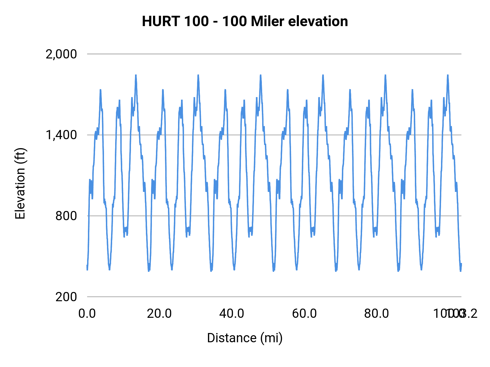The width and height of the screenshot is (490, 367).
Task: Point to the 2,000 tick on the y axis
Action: coord(61,54)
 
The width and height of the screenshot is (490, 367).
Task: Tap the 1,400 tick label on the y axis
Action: coord(61,135)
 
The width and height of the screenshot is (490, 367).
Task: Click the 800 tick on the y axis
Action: coord(66,216)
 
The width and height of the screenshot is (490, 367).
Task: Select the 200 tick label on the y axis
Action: coord(66,297)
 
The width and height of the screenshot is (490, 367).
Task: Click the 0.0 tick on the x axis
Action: coord(87,314)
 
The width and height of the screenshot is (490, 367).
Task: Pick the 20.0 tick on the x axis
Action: coord(159,314)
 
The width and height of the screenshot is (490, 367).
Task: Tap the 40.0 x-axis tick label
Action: coord(232,314)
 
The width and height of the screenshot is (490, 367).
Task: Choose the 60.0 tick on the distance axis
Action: coord(304,314)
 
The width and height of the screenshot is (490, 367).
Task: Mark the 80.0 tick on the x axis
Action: coord(376,314)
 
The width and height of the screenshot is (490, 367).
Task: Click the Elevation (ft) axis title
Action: coord(20,183)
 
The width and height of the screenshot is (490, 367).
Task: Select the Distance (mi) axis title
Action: coord(245,338)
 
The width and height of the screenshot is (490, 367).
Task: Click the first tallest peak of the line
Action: coord(136,75)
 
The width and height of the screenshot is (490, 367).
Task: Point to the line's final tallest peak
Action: coord(448,75)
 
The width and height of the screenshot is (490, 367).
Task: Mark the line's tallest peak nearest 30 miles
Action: coord(198,75)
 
